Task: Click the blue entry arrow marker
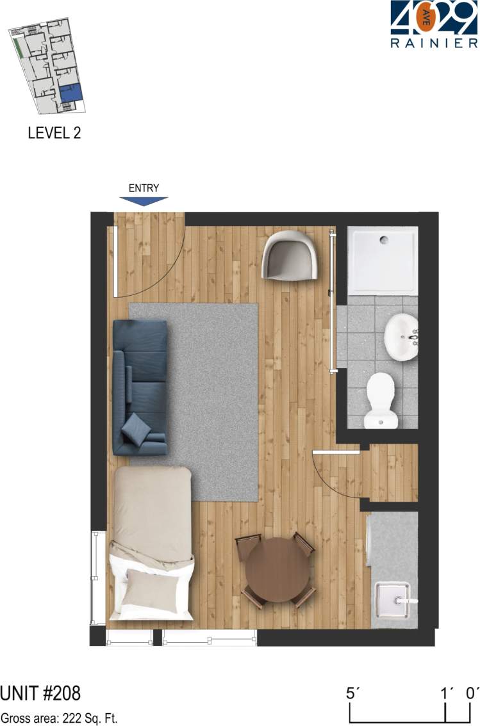(x=144, y=201)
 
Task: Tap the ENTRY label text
(x=144, y=188)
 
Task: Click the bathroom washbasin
(x=401, y=337)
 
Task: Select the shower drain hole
(x=384, y=241)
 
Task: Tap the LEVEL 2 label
(x=54, y=133)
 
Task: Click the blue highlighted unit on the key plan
(x=71, y=92)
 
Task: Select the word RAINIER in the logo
(x=434, y=44)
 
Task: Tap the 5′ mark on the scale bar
(x=350, y=693)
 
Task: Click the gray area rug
(x=211, y=384)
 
